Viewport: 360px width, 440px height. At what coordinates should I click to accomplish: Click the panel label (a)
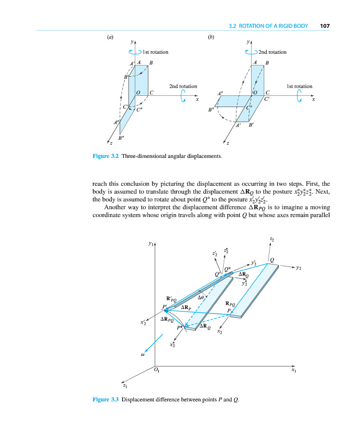click(x=110, y=36)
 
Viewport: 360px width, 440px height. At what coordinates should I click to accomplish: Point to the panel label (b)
click(x=211, y=36)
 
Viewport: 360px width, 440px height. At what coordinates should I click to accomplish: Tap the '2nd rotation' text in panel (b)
click(x=273, y=52)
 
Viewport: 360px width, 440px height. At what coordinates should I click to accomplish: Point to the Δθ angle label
click(x=201, y=297)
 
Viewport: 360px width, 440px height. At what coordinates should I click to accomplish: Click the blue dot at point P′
click(x=166, y=310)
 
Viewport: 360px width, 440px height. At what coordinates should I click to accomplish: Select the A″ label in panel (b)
click(x=221, y=93)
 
